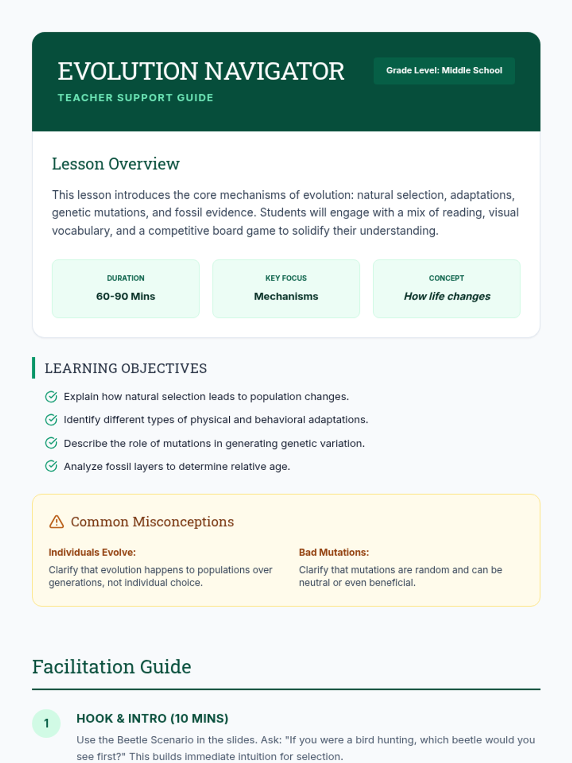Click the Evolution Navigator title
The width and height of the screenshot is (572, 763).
(x=201, y=72)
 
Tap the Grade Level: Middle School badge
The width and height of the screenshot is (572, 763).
(x=444, y=71)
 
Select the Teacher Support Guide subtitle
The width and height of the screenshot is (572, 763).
(x=135, y=98)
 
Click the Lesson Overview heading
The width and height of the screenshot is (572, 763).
(x=116, y=164)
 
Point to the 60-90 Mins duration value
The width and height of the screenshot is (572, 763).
(x=126, y=296)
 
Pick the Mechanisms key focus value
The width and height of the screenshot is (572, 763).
(x=286, y=296)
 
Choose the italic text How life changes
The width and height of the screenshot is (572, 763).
(x=447, y=296)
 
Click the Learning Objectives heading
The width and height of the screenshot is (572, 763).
(x=126, y=368)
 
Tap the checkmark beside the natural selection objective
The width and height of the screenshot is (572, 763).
(x=51, y=397)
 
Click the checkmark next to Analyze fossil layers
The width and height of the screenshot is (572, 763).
(x=51, y=466)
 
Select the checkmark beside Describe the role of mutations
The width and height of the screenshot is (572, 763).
(x=51, y=443)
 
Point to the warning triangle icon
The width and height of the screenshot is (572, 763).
(x=57, y=522)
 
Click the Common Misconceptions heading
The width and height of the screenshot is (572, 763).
(x=152, y=522)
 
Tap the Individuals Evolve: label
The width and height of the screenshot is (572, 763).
(x=92, y=552)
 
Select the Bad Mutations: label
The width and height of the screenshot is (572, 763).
(x=334, y=552)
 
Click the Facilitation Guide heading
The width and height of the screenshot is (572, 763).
(x=112, y=667)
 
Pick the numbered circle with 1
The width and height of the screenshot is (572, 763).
(x=46, y=723)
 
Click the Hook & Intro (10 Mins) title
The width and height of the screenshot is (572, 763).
(x=153, y=719)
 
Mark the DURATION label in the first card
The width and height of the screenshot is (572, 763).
(x=126, y=278)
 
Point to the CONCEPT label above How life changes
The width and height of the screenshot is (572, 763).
(x=446, y=278)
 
